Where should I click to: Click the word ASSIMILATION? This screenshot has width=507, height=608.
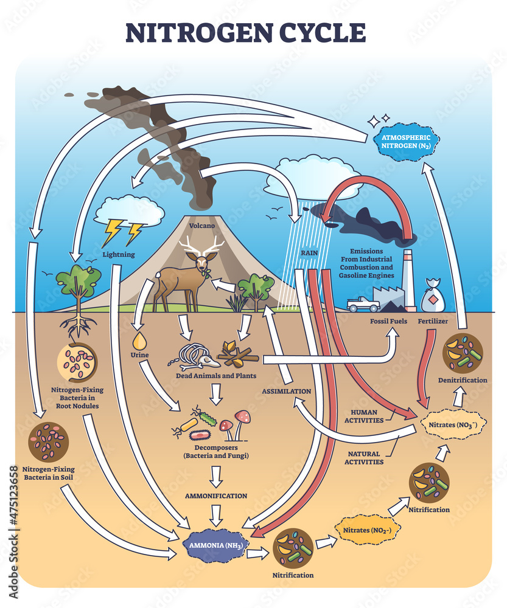(x=287, y=391)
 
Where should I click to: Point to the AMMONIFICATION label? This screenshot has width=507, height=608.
(x=216, y=496)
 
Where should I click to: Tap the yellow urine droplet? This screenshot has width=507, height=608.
(x=139, y=338)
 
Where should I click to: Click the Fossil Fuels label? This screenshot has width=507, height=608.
(x=388, y=320)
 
